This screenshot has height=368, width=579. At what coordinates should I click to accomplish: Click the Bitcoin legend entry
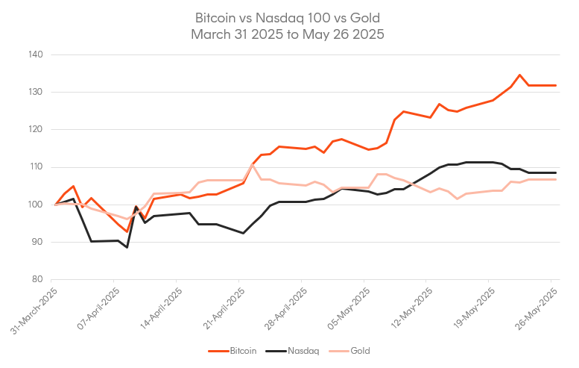point(240,350)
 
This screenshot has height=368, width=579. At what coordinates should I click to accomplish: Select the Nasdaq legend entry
point(301,350)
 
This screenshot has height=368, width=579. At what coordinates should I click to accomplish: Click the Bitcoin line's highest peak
point(519,75)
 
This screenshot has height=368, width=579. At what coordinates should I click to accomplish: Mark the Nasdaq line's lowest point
point(127,247)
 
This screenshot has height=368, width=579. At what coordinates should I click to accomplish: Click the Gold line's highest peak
point(253,164)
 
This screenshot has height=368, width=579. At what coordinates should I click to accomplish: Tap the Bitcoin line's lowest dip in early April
point(127,231)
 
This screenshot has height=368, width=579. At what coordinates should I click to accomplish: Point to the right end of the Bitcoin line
point(556,85)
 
